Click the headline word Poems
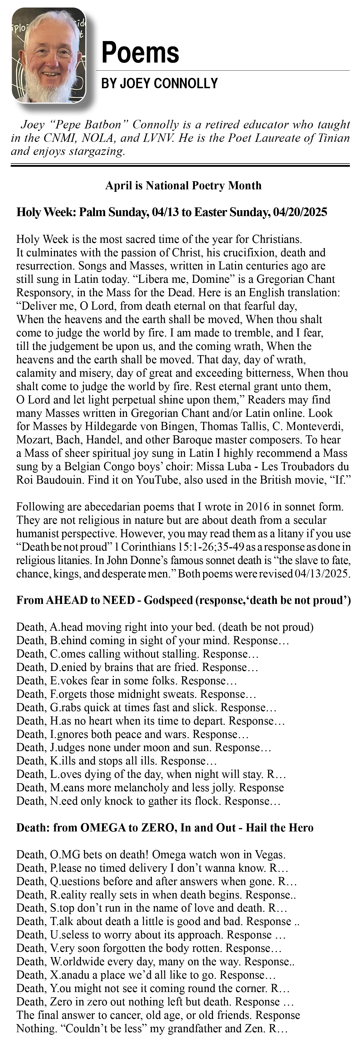[140, 53]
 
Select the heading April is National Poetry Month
[183, 186]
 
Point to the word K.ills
[61, 761]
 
